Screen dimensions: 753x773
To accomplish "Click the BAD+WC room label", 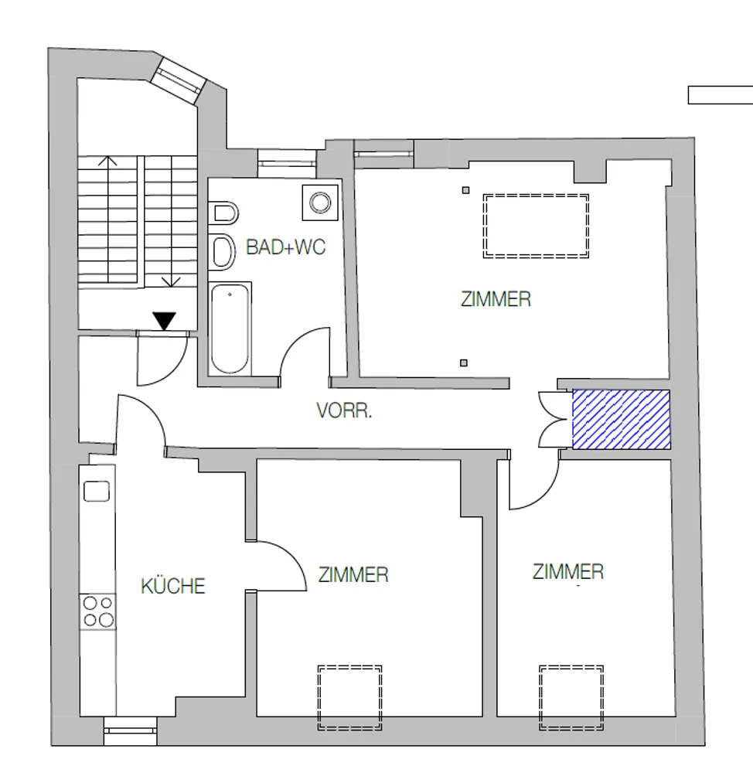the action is [x=285, y=247].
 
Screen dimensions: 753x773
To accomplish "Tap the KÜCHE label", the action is [x=173, y=586].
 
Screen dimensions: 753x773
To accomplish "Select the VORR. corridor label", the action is [x=344, y=410].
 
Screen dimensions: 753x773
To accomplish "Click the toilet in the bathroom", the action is [x=223, y=213].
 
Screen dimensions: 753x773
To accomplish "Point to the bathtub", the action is [x=230, y=329].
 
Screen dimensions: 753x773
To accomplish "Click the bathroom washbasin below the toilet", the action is [x=222, y=251].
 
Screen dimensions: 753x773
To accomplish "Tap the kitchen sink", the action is [x=97, y=492].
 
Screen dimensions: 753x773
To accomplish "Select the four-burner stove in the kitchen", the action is [x=97, y=611].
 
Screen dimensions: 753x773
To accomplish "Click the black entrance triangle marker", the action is [x=164, y=321].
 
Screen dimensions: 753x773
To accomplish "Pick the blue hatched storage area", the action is [x=621, y=420].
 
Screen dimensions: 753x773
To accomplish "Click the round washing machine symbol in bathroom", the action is [x=320, y=203].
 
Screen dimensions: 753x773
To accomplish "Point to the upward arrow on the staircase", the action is [x=107, y=161].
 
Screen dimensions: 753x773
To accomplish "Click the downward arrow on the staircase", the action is [x=171, y=282].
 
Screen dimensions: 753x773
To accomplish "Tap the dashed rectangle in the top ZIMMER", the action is [x=536, y=226].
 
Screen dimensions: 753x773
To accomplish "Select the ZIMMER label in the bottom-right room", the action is [x=568, y=572].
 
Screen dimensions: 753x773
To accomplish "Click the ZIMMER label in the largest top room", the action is [x=496, y=299].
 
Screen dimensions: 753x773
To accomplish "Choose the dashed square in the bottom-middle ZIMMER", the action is [x=349, y=697].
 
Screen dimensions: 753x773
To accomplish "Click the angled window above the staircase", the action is [x=178, y=80].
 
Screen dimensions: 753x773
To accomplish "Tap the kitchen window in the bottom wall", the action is [x=130, y=730].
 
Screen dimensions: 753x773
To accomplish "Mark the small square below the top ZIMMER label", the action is [x=464, y=363].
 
